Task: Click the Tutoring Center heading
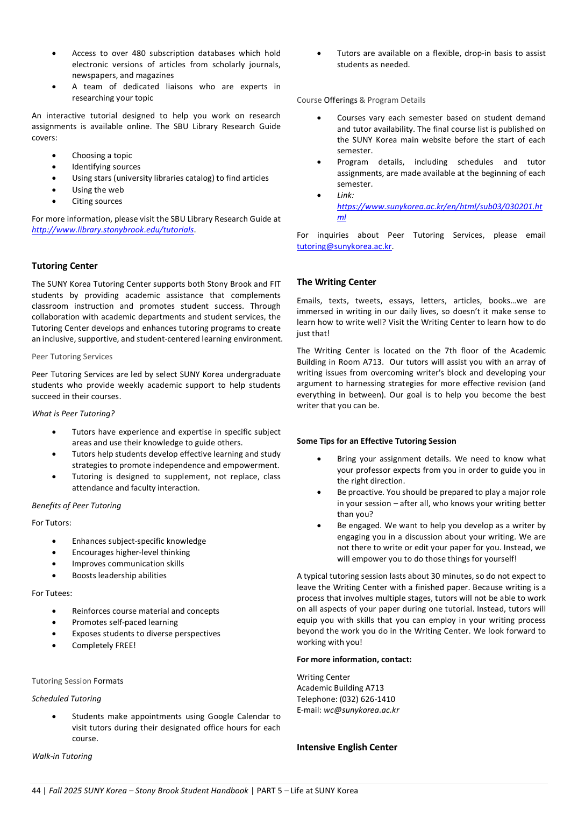tap(65, 266)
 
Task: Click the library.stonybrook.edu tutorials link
tap(112, 230)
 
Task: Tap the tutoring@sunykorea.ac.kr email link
tap(344, 246)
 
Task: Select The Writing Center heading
tap(336, 282)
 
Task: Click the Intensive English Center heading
tap(347, 747)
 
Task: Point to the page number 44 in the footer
tap(36, 791)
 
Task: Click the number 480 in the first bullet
tap(139, 53)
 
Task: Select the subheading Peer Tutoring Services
tap(72, 357)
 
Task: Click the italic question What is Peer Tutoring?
tap(73, 414)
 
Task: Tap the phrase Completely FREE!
tap(104, 645)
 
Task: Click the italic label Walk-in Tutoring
tap(62, 756)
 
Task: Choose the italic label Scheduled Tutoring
tap(66, 699)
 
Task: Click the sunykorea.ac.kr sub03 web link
tap(439, 207)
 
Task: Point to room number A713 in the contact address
tap(374, 688)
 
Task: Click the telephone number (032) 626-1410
tap(367, 699)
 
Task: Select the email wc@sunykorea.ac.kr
tap(361, 710)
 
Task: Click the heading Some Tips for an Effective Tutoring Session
tap(376, 441)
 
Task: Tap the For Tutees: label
tap(52, 593)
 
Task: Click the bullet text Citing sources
tap(97, 201)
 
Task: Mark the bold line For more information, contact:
tap(354, 659)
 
